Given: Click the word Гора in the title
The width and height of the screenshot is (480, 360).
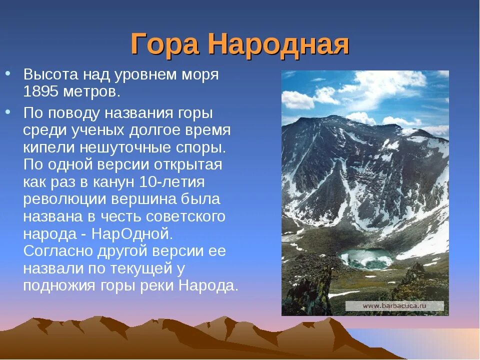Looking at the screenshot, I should [x=165, y=45].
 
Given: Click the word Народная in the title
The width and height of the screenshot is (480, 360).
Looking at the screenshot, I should [x=278, y=45].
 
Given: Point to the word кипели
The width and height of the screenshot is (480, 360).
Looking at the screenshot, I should [x=44, y=148].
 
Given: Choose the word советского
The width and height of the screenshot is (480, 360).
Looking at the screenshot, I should [x=186, y=216].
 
